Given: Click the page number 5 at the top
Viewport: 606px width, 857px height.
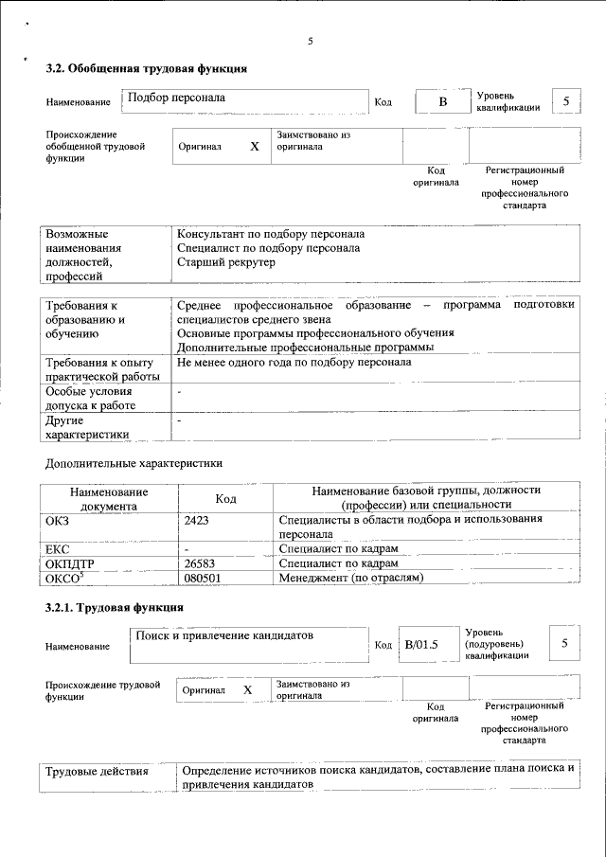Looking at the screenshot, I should pos(310,41).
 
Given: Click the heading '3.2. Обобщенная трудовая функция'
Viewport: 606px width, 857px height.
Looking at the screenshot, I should pos(147,69).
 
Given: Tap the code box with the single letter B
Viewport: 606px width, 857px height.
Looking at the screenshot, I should pos(441,101).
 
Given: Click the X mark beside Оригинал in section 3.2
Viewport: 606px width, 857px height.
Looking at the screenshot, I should pos(254,148).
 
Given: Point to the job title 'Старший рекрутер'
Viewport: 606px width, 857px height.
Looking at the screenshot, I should pos(226,262).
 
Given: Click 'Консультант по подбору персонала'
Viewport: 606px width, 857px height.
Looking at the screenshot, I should pos(271,234).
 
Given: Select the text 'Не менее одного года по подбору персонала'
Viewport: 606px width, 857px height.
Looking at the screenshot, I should pos(294,363).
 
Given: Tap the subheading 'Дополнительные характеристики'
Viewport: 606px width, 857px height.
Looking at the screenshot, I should pos(134,464).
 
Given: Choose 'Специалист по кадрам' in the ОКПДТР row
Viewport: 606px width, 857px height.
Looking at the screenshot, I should pos(338,563).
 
